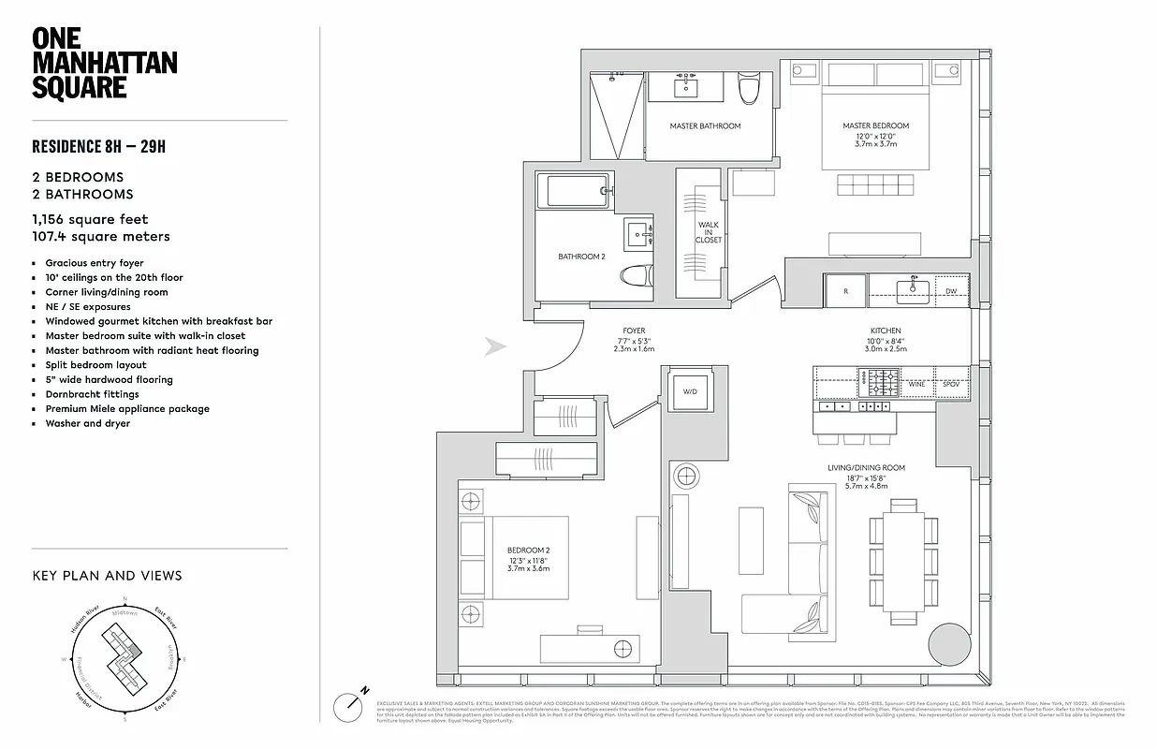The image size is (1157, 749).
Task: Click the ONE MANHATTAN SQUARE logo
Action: point(104,63)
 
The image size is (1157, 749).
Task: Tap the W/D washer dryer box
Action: point(689,391)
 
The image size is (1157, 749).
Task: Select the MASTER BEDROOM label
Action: point(875,125)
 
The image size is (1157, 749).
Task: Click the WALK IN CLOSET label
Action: point(709,232)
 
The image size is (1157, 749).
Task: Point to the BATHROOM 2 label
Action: point(582,257)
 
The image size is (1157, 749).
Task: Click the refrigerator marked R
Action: point(845,291)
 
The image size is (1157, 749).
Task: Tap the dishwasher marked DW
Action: point(951,291)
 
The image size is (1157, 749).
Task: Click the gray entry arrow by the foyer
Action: point(494,348)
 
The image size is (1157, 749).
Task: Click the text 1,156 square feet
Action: point(90,219)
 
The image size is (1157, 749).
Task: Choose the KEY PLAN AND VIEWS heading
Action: point(107,576)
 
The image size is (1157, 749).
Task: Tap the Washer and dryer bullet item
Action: point(88,423)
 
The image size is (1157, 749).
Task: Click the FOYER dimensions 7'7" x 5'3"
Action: point(634,340)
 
